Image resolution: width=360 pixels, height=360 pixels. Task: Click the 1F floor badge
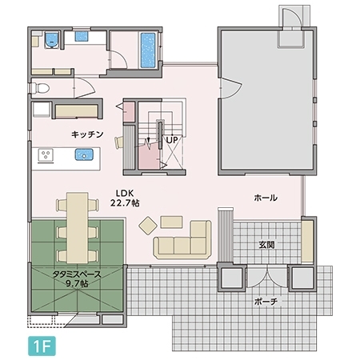click(x=42, y=346)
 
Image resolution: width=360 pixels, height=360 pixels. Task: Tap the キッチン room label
click(x=87, y=134)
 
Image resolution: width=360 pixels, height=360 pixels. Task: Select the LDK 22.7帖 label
click(x=125, y=198)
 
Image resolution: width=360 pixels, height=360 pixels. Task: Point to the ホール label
click(x=266, y=198)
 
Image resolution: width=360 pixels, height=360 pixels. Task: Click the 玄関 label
click(x=266, y=245)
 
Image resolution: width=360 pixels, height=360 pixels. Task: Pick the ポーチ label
click(x=266, y=302)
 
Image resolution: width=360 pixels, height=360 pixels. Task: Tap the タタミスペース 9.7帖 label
click(x=77, y=278)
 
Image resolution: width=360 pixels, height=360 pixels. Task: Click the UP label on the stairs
click(x=172, y=140)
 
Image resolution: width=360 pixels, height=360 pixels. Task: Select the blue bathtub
click(x=148, y=50)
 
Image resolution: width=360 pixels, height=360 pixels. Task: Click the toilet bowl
click(x=40, y=88)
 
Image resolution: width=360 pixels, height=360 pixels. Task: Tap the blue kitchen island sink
click(x=84, y=154)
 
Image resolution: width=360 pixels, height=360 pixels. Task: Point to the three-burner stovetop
click(x=46, y=155)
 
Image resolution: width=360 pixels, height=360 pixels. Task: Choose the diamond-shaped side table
click(x=148, y=226)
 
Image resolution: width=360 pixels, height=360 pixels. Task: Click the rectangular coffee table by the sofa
click(x=171, y=222)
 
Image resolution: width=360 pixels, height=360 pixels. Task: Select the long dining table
click(x=78, y=227)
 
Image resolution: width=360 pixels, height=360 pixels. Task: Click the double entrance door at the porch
click(x=267, y=278)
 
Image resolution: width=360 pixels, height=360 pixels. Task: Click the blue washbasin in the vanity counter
click(x=82, y=37)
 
